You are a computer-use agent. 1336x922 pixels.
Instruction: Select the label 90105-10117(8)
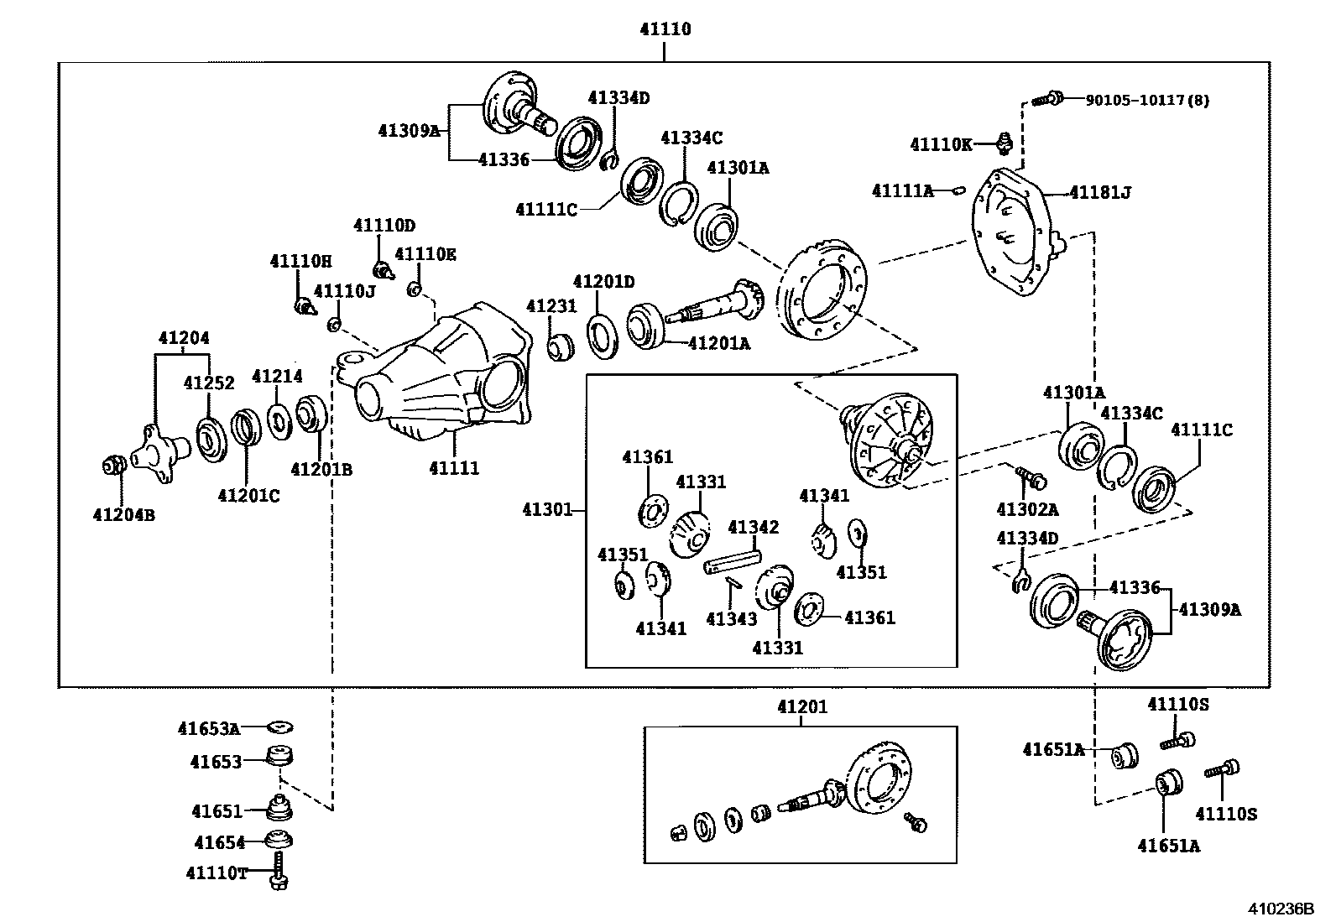tap(1147, 101)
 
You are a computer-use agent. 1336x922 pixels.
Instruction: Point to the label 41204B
tap(123, 515)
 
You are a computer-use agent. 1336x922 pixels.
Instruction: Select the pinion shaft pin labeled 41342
tap(733, 562)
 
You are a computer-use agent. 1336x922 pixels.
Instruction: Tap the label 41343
tap(731, 619)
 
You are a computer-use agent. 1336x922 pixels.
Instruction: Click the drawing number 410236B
tap(1280, 909)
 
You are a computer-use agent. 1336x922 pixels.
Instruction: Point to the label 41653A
tap(209, 729)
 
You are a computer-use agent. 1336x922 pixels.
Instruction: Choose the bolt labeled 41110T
tap(279, 872)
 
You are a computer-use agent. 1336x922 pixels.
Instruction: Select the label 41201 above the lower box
tap(801, 707)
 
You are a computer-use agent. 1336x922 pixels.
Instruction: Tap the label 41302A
tap(1026, 509)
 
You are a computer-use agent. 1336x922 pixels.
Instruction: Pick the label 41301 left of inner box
tap(547, 510)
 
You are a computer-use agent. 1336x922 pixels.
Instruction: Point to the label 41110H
tap(300, 262)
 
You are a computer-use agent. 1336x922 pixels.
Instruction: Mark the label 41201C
tap(248, 496)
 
